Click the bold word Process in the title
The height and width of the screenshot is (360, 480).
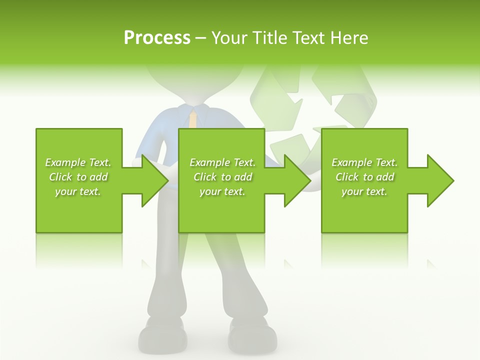[157, 37]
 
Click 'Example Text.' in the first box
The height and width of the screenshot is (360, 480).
[78, 162]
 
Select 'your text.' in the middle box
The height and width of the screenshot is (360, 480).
[222, 191]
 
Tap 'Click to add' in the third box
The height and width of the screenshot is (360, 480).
[364, 177]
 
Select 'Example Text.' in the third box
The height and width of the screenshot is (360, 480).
[364, 162]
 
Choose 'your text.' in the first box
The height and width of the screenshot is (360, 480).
[78, 191]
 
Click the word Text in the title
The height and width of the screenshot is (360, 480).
[308, 37]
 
